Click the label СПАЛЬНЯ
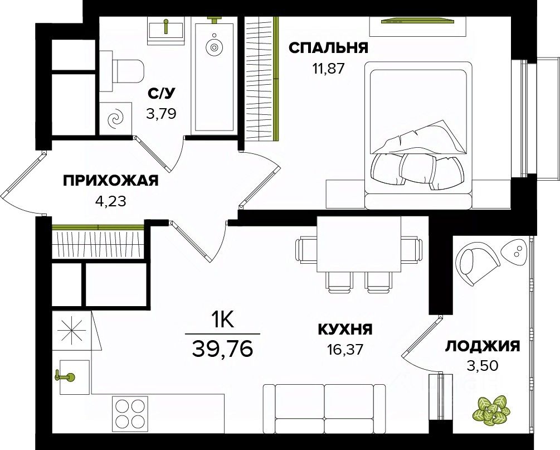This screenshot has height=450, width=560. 328,48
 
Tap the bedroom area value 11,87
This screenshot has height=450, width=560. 328,69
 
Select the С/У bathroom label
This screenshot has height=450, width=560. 162,93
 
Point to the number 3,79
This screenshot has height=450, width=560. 162,114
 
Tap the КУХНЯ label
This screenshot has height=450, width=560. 344,330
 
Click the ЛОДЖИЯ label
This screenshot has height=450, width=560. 483,346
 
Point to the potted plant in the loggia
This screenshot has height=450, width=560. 490,409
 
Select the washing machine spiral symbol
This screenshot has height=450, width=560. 115,118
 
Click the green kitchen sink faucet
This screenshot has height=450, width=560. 65,376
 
